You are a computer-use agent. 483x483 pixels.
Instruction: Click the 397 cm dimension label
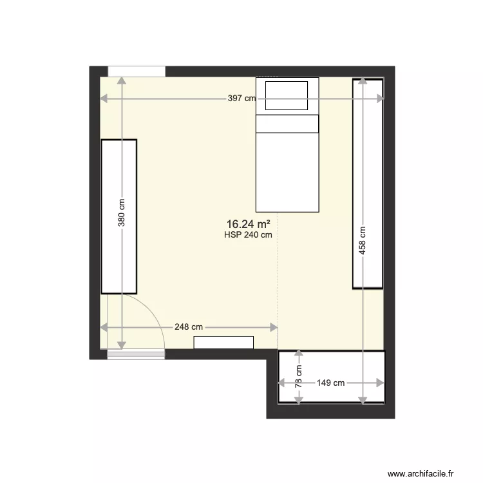242,99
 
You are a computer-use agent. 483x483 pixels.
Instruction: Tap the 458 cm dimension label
363,240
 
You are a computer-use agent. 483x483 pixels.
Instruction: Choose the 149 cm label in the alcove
331,383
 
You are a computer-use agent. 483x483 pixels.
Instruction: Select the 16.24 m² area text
248,224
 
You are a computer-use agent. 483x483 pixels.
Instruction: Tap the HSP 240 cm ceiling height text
248,235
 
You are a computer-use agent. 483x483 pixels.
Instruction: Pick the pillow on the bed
287,95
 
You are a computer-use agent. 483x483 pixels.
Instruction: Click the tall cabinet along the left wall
119,216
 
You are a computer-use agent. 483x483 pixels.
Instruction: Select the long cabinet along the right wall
368,184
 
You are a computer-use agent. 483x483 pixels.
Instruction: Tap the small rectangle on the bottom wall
223,343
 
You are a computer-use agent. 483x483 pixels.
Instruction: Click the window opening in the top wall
137,71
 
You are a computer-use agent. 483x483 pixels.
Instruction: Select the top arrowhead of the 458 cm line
363,80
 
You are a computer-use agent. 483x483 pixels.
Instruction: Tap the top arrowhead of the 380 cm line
122,79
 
